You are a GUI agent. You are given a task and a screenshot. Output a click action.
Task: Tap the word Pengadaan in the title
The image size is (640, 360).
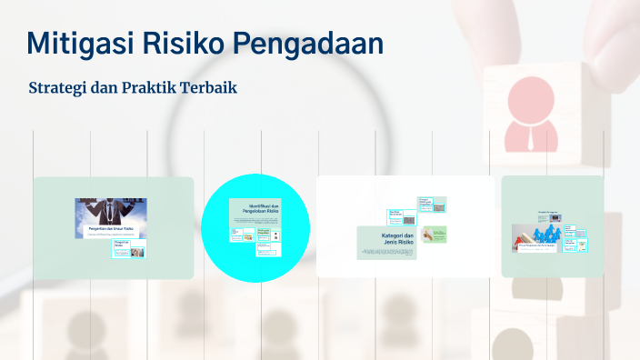coord(305,44)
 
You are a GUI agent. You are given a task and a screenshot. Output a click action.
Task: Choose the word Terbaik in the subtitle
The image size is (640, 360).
coord(207,89)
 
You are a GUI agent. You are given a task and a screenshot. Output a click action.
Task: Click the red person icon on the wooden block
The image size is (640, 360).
coord(530,114)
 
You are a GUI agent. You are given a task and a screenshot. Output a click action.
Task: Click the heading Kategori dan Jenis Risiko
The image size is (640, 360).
coord(398,240)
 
